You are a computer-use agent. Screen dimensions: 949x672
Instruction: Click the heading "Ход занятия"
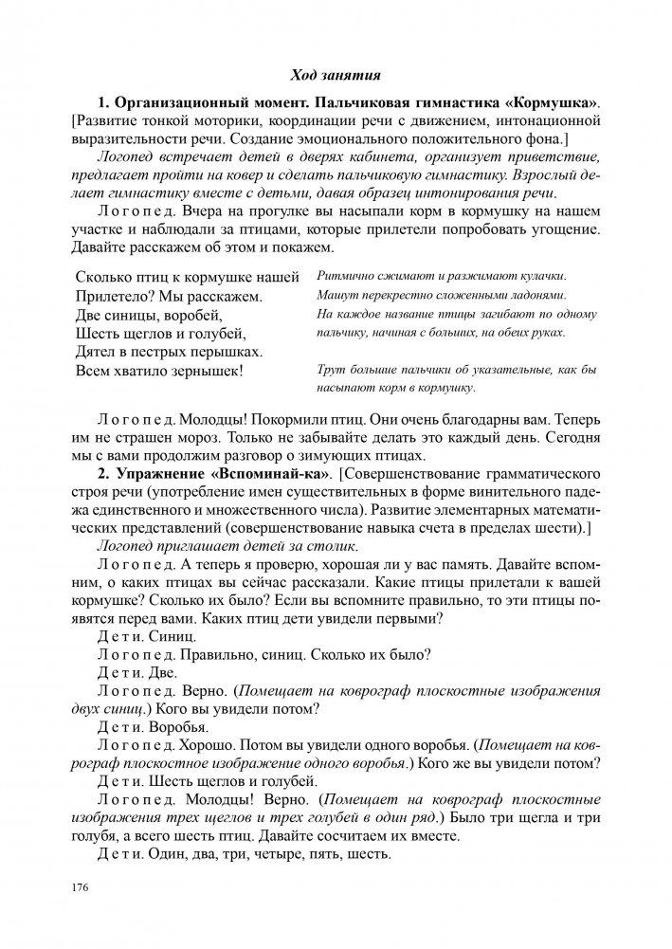(x=336, y=73)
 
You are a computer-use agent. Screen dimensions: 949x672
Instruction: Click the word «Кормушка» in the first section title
(x=561, y=101)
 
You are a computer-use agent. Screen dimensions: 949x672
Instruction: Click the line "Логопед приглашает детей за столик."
(x=227, y=546)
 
